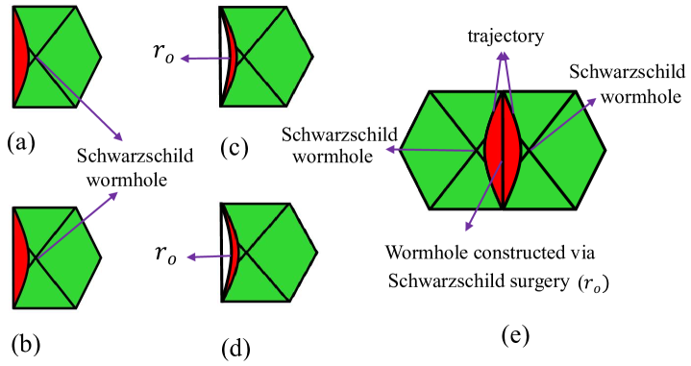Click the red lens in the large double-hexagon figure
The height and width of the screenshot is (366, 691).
503,150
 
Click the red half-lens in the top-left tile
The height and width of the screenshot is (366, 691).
20,58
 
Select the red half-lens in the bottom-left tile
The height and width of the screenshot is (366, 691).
20,257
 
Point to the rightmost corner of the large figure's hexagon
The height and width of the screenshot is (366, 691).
604,150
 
